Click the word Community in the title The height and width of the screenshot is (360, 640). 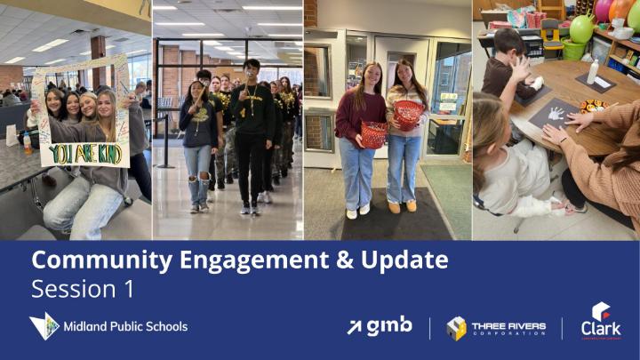coord(85,260)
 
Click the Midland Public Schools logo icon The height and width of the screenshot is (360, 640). coord(44,326)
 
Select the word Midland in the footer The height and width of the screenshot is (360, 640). coord(84,326)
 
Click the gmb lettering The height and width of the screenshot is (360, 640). coord(390,326)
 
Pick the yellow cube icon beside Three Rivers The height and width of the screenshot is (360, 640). coord(456,328)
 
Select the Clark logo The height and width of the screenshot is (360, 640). coord(601,321)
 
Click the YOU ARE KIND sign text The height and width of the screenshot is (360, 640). coord(86,154)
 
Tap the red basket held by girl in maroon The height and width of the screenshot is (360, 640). coord(374,134)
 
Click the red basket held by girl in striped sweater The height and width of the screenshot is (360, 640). coord(409,113)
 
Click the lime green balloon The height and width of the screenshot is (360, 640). coord(580,28)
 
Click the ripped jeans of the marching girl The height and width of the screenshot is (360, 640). coord(198,169)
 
